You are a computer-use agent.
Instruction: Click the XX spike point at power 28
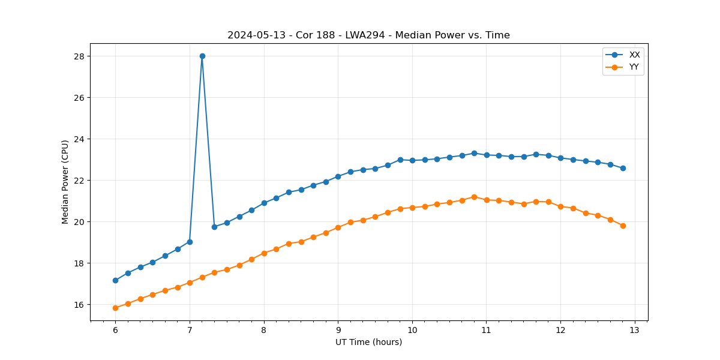202,56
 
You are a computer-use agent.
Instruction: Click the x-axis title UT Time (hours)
368,342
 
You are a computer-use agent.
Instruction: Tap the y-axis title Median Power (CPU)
65,182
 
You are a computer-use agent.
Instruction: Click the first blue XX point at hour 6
115,280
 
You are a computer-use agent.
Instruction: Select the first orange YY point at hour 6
115,308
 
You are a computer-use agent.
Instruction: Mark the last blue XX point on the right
623,168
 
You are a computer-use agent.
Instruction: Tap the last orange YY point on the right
623,226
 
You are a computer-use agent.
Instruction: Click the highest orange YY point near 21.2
474,197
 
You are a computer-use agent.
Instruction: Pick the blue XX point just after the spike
214,227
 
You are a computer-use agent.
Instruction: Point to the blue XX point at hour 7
190,242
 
